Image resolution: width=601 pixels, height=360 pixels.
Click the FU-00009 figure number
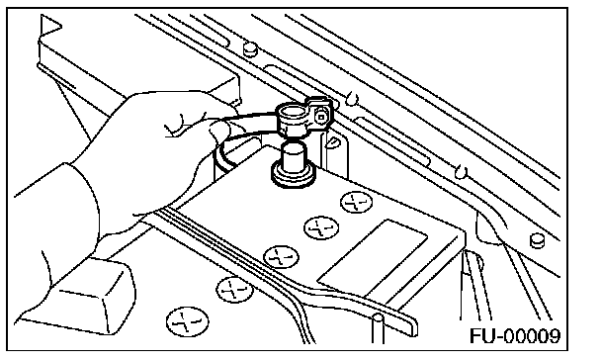(x=515, y=335)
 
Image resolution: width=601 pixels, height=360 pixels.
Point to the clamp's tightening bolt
(x=320, y=115)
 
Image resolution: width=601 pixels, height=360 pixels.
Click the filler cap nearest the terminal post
(x=357, y=202)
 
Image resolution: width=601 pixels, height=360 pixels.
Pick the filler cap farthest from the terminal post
(x=188, y=322)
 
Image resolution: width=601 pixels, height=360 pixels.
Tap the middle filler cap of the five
(x=281, y=257)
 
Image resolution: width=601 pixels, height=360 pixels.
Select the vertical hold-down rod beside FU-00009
(x=378, y=328)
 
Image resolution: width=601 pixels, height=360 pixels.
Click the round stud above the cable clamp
(x=250, y=49)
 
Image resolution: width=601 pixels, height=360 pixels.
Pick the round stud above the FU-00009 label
(x=538, y=240)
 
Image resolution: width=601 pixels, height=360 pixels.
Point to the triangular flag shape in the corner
(x=49, y=26)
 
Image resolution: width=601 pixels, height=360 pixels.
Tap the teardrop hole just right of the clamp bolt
(x=352, y=98)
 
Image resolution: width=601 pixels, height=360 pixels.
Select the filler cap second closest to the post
(x=321, y=227)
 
